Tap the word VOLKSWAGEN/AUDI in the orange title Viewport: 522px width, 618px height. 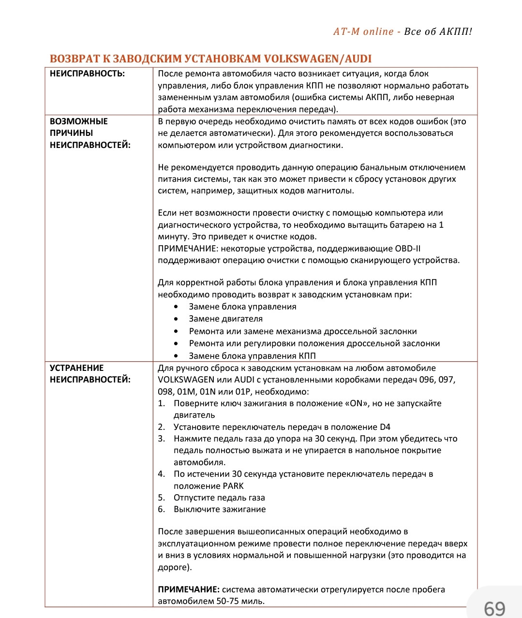point(317,59)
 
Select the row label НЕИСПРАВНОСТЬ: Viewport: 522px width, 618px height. point(87,74)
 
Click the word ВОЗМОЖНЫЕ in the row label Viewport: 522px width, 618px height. point(79,121)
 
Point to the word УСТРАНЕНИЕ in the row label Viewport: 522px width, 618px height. point(77,368)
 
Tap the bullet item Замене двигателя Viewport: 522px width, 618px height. point(225,319)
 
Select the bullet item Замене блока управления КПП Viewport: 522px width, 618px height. point(252,356)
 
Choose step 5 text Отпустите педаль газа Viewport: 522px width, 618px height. point(219,498)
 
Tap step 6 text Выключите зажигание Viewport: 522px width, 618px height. point(220,509)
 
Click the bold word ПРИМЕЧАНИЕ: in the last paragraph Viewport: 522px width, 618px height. point(189,589)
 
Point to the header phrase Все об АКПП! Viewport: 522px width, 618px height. point(438,31)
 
